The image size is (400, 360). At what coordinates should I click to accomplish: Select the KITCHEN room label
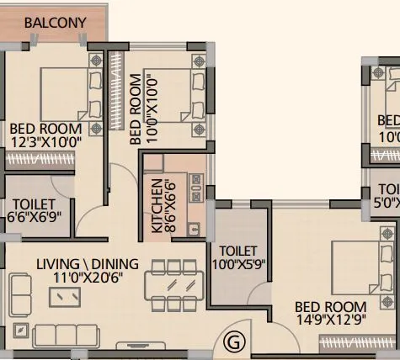click(x=157, y=205)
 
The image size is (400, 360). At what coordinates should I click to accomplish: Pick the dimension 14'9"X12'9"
click(x=329, y=320)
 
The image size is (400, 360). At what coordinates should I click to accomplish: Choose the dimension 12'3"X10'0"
click(x=45, y=142)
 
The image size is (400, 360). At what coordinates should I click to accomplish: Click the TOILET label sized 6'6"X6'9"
click(x=34, y=204)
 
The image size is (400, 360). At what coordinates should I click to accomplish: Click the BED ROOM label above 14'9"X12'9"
click(x=329, y=307)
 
